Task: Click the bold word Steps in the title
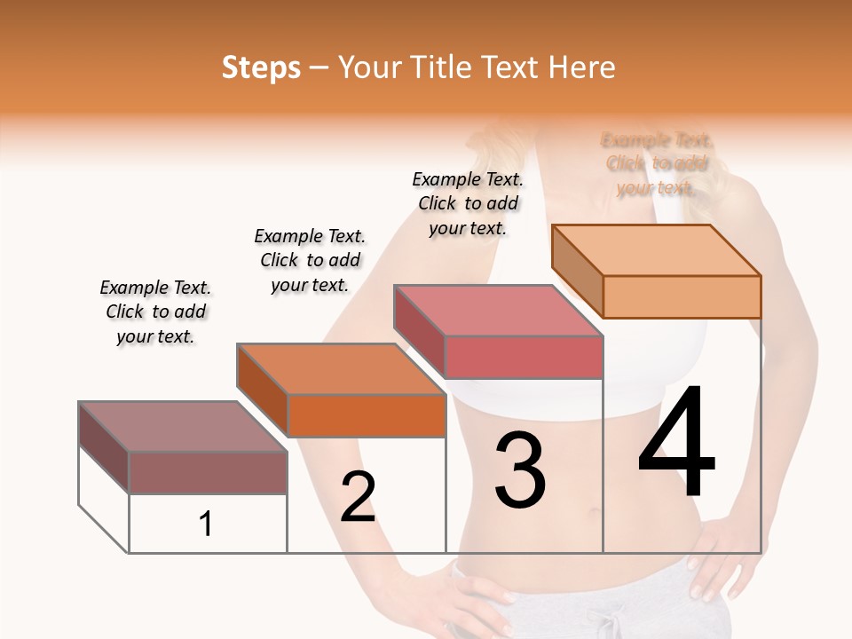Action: click(x=261, y=67)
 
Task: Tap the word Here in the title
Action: click(x=582, y=67)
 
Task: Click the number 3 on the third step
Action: click(x=519, y=470)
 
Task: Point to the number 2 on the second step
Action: click(x=358, y=497)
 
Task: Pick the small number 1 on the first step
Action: click(x=206, y=525)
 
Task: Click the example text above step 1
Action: click(x=155, y=312)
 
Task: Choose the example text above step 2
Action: click(x=310, y=260)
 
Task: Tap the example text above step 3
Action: click(x=468, y=203)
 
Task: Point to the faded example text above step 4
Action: click(x=657, y=164)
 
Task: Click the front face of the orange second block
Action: click(x=367, y=415)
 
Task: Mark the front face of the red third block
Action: click(x=524, y=357)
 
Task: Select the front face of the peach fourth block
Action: click(x=682, y=296)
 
